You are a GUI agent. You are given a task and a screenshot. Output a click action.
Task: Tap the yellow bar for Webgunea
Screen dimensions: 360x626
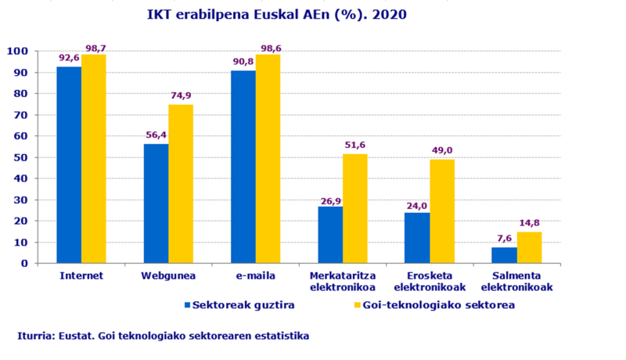(x=181, y=184)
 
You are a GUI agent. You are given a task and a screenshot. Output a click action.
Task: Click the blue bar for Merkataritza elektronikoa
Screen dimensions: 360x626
(x=330, y=235)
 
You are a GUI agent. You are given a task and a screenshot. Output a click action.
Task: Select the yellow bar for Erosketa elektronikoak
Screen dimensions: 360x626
(x=442, y=211)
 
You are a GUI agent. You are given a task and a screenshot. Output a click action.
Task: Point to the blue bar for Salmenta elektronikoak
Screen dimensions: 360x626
(x=505, y=255)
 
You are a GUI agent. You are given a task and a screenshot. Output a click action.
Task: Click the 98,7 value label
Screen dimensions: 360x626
(x=95, y=49)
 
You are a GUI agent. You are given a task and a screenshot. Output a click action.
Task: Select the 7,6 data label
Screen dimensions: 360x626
(x=505, y=238)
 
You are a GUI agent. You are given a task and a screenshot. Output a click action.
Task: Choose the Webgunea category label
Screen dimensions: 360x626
(x=168, y=276)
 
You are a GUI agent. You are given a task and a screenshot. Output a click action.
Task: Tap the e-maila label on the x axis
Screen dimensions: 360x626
(x=255, y=276)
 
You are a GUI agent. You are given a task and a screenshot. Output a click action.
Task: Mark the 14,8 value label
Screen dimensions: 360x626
(x=531, y=223)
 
